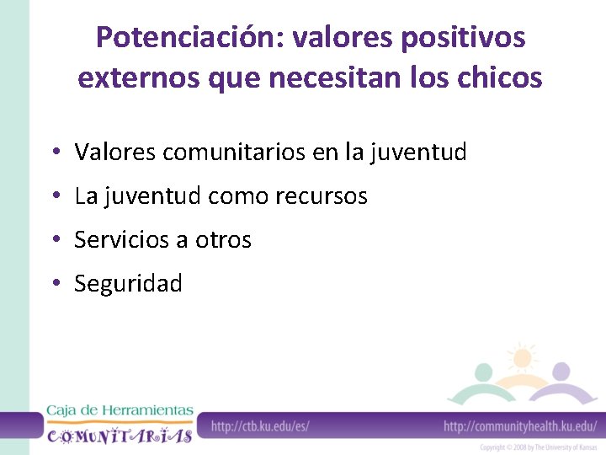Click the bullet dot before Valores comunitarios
pyautogui.click(x=53, y=153)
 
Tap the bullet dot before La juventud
pyautogui.click(x=53, y=197)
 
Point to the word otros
pyautogui.click(x=223, y=240)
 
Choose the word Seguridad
pyautogui.click(x=128, y=284)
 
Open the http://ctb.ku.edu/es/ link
pyautogui.click(x=260, y=426)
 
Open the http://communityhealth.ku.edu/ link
pyautogui.click(x=519, y=426)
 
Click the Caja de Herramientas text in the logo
pyautogui.click(x=119, y=410)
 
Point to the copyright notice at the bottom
pyautogui.click(x=538, y=447)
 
